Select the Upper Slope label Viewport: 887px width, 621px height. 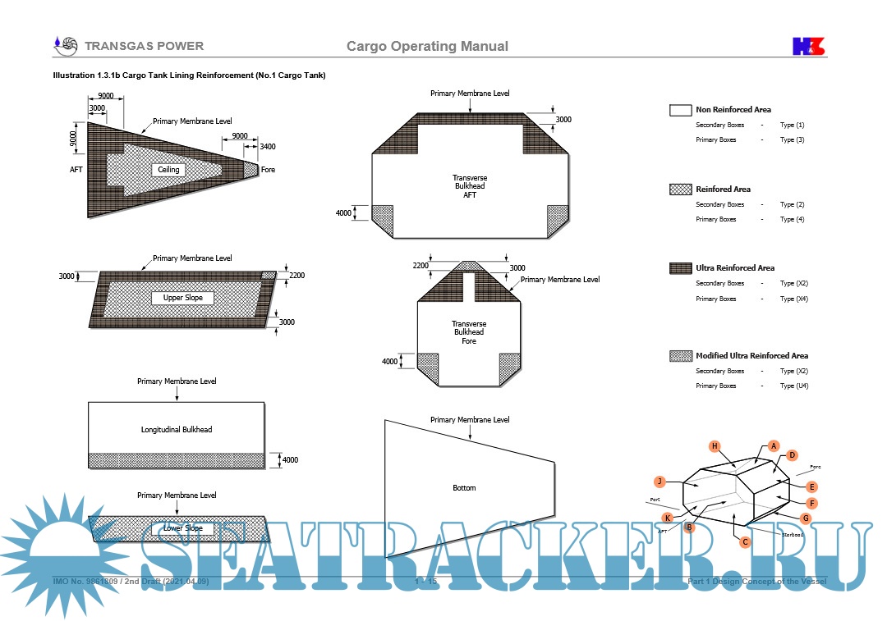pyautogui.click(x=182, y=298)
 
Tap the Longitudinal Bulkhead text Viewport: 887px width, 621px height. pyautogui.click(x=177, y=429)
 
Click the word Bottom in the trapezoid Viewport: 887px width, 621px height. pyautogui.click(x=464, y=488)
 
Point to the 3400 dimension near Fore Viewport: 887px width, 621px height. pyautogui.click(x=268, y=147)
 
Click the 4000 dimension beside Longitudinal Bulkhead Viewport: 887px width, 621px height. pyautogui.click(x=290, y=460)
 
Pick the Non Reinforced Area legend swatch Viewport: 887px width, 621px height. pyautogui.click(x=681, y=110)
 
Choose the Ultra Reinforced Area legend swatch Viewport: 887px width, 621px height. pyautogui.click(x=681, y=268)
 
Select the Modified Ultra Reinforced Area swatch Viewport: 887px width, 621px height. pyautogui.click(x=681, y=356)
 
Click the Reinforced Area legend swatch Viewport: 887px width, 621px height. pyautogui.click(x=681, y=189)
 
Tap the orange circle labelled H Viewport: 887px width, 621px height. pyautogui.click(x=715, y=446)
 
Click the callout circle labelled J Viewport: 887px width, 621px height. pyautogui.click(x=659, y=482)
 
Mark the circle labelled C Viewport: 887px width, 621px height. pyautogui.click(x=745, y=541)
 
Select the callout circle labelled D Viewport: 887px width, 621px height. pyautogui.click(x=793, y=455)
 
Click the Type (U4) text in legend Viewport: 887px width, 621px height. pyautogui.click(x=793, y=386)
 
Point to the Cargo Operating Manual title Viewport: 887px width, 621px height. pyautogui.click(x=427, y=46)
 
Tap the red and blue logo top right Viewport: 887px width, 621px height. pyautogui.click(x=808, y=46)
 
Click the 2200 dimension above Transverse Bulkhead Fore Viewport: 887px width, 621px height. pyautogui.click(x=421, y=266)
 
